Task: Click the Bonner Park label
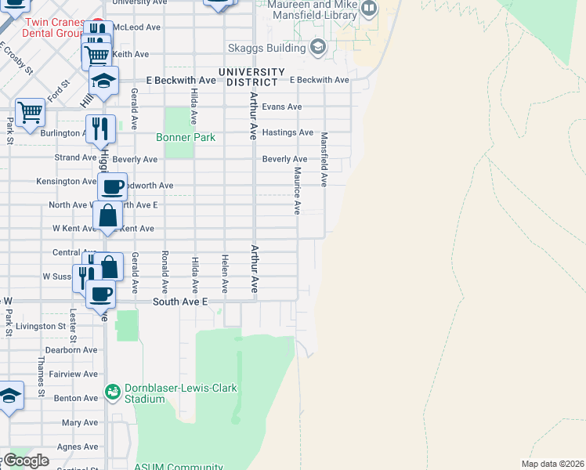(x=185, y=138)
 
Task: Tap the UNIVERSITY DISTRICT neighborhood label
(x=248, y=77)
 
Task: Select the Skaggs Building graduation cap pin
(x=318, y=48)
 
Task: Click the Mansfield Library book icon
(x=368, y=9)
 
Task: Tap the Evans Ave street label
(x=282, y=107)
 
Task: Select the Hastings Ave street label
(x=288, y=132)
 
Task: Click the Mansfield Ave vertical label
(x=324, y=158)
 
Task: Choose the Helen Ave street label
(x=225, y=274)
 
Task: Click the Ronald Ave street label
(x=165, y=266)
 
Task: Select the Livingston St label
(x=40, y=326)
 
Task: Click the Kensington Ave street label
(x=67, y=182)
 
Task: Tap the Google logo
(x=26, y=461)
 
